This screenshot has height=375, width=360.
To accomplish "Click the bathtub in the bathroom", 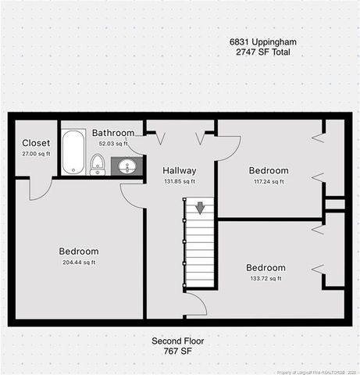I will tap(73, 151).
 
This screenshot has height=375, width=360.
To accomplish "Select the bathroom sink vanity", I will tap(127, 166).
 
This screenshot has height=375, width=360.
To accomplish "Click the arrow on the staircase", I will tap(200, 208).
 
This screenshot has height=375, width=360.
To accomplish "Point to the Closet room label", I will tap(36, 143).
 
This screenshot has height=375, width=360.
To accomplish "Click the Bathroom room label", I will tap(113, 134).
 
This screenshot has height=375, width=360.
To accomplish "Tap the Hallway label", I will tap(179, 170).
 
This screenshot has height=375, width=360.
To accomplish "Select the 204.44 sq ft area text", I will tap(78, 262).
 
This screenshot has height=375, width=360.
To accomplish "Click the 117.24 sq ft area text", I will tap(268, 181).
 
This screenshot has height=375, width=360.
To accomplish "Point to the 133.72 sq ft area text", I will tap(266, 278).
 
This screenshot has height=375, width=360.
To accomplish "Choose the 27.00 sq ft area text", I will tap(36, 153).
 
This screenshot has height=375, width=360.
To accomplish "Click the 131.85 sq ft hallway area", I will tap(179, 181).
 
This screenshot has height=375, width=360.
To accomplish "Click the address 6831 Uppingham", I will tap(262, 41).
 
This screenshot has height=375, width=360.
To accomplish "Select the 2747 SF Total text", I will tap(262, 52).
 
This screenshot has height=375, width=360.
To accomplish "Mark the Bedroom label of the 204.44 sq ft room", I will tap(79, 252).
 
